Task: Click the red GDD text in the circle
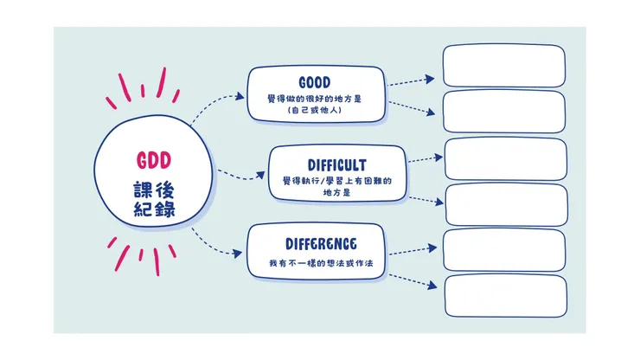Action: click(155, 160)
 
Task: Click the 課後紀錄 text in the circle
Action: click(155, 200)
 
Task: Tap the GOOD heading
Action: click(315, 82)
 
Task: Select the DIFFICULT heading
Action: click(336, 164)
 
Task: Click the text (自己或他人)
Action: click(315, 110)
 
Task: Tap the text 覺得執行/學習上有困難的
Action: click(336, 181)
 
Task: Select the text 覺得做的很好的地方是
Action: click(315, 98)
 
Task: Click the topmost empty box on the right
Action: click(504, 65)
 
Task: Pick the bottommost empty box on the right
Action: click(505, 296)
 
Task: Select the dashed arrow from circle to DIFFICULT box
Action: click(239, 176)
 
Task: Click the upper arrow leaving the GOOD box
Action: click(411, 80)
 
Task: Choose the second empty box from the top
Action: click(504, 111)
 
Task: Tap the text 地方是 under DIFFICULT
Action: click(336, 192)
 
